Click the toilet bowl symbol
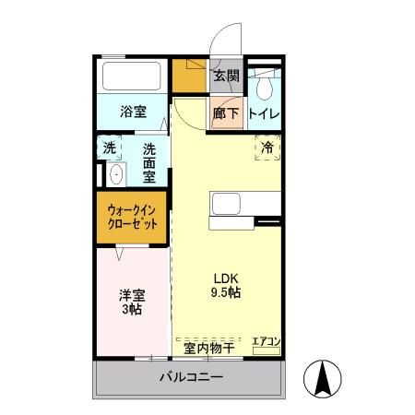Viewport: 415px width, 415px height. [x=265, y=88]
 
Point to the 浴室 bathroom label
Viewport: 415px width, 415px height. [x=134, y=113]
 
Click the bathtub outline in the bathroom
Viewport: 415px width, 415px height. [x=134, y=77]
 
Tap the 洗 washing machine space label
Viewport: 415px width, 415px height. [x=110, y=148]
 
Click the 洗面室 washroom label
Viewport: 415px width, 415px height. [x=148, y=161]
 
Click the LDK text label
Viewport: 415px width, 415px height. [x=226, y=277]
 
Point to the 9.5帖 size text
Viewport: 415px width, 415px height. [x=226, y=292]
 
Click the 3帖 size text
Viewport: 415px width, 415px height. [x=131, y=311]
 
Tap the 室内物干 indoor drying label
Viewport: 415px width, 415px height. [x=207, y=348]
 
